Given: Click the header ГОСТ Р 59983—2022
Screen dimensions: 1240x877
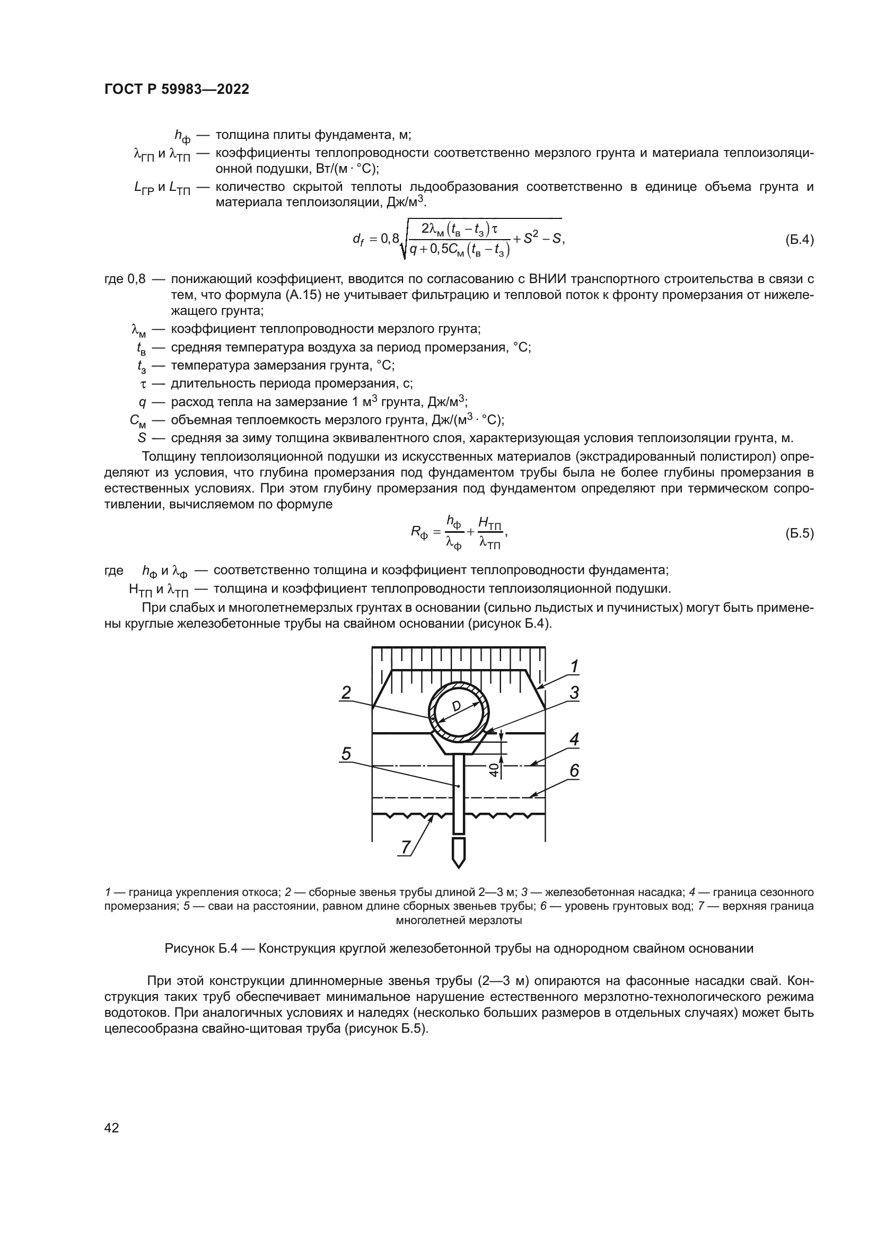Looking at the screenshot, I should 177,90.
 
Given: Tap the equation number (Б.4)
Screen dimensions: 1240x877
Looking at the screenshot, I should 799,240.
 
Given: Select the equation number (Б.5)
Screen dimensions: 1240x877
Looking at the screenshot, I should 799,534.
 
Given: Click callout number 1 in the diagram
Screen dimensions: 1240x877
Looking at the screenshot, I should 575,667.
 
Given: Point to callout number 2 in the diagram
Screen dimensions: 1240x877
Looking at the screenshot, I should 346,692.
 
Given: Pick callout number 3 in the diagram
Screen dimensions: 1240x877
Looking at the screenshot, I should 574,692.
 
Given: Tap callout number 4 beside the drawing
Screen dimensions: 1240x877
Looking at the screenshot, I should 574,740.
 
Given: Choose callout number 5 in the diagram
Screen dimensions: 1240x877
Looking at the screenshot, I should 346,753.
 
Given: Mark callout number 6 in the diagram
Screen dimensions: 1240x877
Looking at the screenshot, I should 574,771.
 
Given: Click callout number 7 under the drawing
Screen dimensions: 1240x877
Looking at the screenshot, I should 405,847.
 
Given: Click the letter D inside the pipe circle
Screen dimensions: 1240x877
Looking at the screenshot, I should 457,706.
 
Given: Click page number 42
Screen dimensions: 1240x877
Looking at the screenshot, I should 112,1128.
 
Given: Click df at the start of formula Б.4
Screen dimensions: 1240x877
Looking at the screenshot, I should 358,240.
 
